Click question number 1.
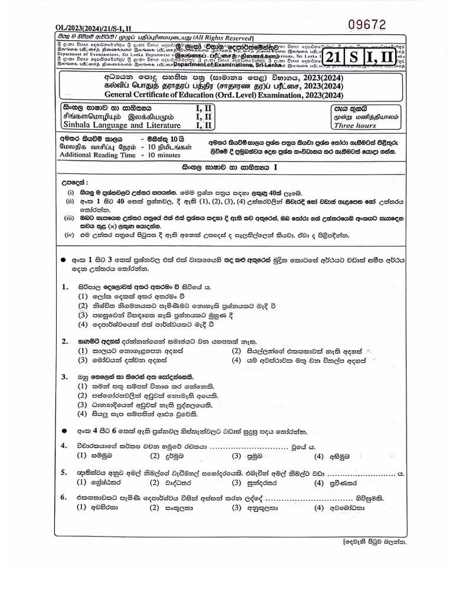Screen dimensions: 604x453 click(65, 286)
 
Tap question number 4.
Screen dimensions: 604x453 click(65, 446)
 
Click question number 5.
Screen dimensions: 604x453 click(65, 473)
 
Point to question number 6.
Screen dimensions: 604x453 click(65, 497)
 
